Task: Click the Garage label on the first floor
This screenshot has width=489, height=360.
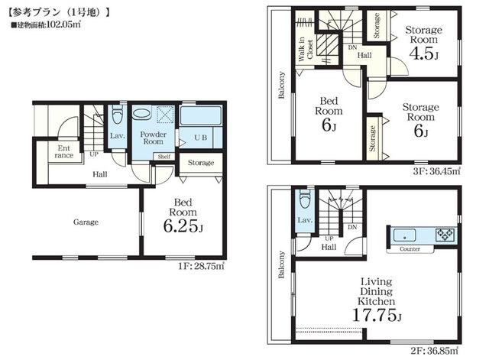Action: (86, 222)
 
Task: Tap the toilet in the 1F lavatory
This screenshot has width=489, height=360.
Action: (118, 115)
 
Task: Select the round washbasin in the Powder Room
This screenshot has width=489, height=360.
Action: (141, 112)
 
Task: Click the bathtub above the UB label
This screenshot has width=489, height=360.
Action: (201, 115)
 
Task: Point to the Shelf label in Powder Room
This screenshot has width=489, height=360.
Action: (164, 157)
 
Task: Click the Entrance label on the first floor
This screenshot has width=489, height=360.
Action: (63, 151)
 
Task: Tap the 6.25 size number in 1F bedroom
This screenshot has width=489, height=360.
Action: (180, 225)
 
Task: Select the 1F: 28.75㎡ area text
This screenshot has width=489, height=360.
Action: (202, 266)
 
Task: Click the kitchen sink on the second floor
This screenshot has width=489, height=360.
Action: (404, 235)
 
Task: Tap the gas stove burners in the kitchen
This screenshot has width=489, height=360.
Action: (445, 235)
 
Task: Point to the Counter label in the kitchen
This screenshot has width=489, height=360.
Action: (410, 249)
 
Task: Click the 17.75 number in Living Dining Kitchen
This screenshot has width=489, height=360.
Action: (374, 315)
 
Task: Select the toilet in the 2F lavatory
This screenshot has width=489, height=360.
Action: (305, 199)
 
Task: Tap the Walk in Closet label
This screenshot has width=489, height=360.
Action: (306, 49)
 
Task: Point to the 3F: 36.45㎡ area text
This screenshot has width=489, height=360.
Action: (436, 171)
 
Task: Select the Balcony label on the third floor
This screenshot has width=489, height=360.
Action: (282, 85)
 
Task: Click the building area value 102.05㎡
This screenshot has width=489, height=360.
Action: (63, 24)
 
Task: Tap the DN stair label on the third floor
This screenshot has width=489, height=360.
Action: (352, 47)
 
